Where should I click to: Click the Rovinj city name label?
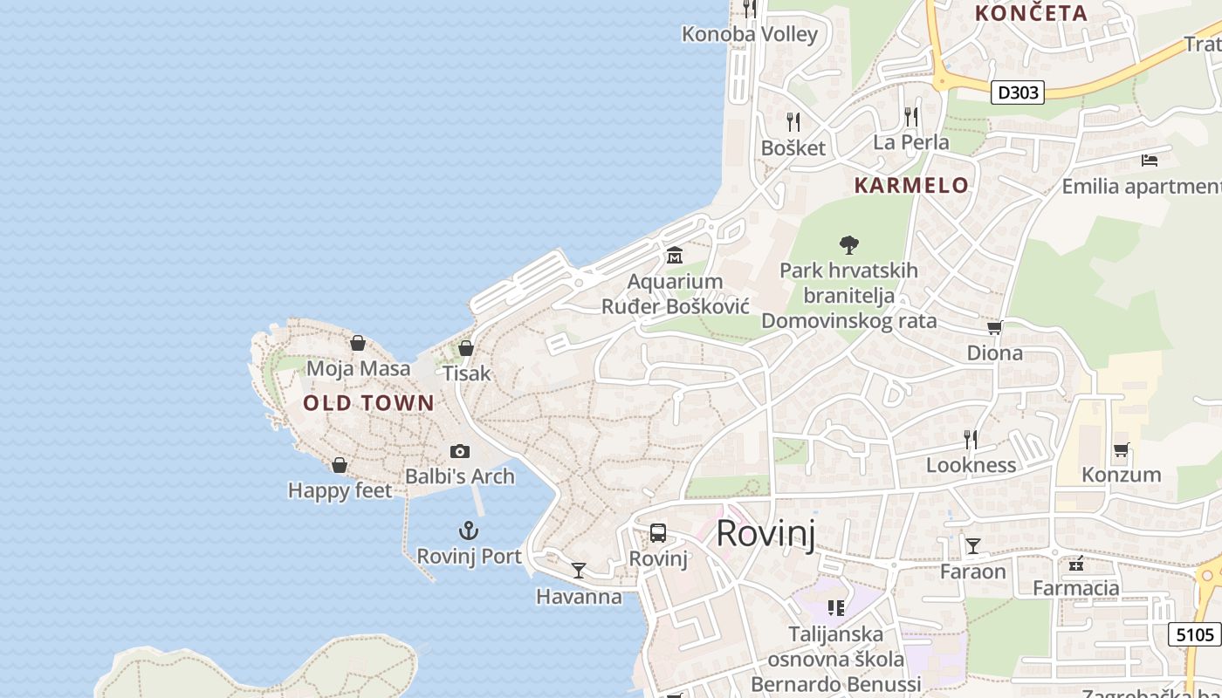[765, 533]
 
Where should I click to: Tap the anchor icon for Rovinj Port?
[469, 530]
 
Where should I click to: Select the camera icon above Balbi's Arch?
[460, 451]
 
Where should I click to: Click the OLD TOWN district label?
[368, 403]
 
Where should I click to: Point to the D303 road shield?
[1018, 92]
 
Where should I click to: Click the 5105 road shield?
[1194, 634]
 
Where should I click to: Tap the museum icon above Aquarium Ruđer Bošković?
[675, 256]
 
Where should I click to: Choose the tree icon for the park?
[848, 245]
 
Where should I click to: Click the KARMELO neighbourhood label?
[911, 185]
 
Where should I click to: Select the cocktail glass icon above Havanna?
[579, 571]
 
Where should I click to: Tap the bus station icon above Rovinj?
[658, 533]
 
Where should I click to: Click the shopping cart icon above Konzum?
[1122, 450]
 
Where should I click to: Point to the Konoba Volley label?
[750, 35]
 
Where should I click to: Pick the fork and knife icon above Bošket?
[793, 121]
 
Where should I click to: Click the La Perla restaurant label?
[911, 141]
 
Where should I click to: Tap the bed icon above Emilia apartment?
[1150, 161]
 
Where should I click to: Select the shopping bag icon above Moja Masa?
[357, 343]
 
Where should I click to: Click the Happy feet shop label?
[340, 491]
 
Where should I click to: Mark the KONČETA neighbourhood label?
[1031, 13]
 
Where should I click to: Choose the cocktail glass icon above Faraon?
[972, 546]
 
